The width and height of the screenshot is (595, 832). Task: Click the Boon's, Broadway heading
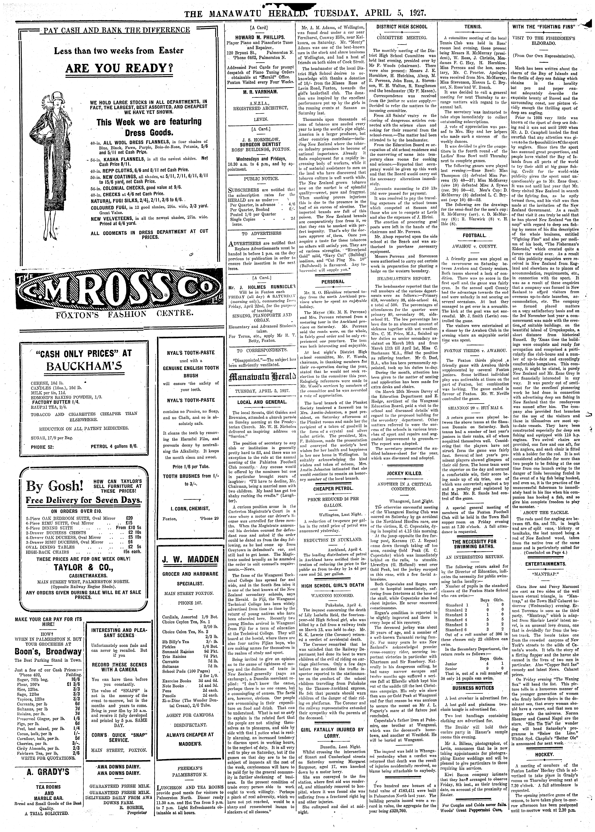(x=48, y=652)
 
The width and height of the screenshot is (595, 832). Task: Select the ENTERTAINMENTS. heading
(x=546, y=564)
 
